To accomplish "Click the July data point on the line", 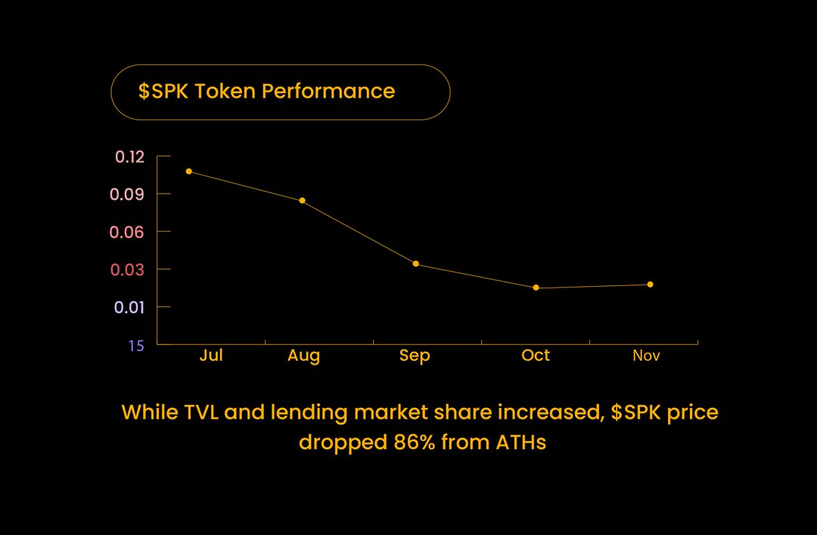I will [188, 172].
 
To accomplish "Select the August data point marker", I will [302, 201].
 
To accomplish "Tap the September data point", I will [415, 264].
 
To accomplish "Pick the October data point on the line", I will [536, 288].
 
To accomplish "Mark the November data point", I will [650, 285].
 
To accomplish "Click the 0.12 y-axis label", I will [129, 157].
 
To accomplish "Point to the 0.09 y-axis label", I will [127, 194].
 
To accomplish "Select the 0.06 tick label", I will [127, 232].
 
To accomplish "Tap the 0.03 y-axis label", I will [127, 270].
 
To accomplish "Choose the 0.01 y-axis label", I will [128, 308].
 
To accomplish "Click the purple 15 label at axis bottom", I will [135, 346].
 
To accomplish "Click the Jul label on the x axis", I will [211, 356].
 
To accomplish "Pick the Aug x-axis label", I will [303, 356].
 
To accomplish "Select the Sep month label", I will [415, 356].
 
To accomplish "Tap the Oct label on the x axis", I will [536, 356].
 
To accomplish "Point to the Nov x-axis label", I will [646, 356].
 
